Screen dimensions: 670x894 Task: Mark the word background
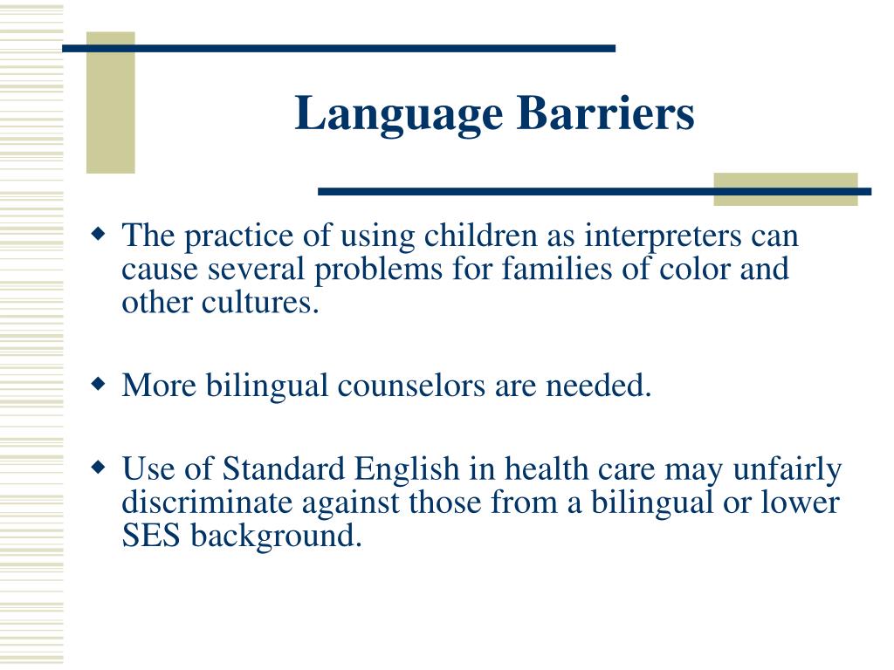click(x=276, y=536)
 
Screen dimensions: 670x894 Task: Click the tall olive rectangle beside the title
click(x=111, y=102)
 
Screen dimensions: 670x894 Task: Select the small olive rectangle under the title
click(x=785, y=189)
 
